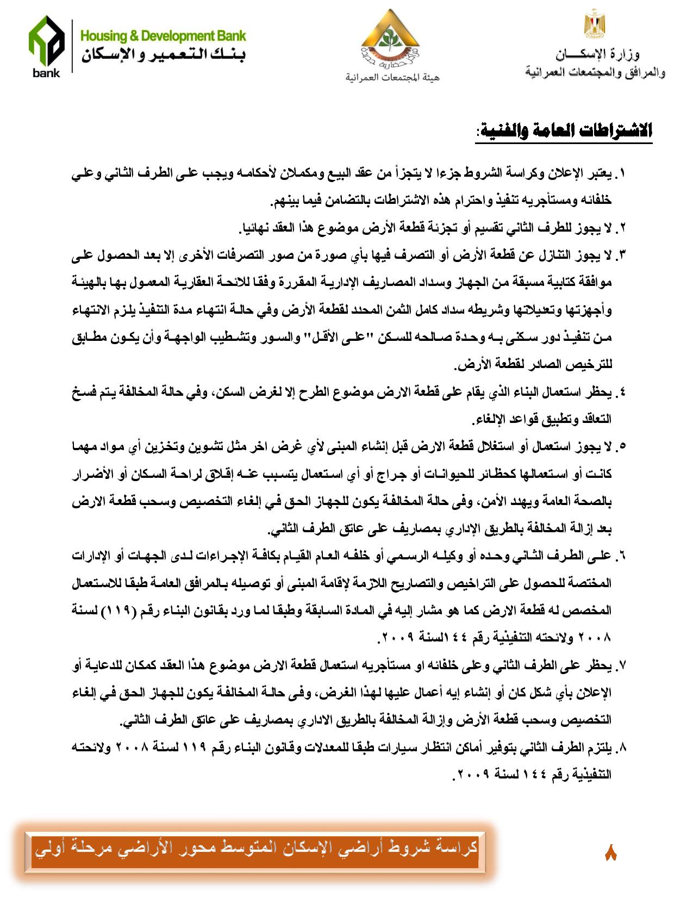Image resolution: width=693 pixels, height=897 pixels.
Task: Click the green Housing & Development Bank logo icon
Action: pyautogui.click(x=46, y=46)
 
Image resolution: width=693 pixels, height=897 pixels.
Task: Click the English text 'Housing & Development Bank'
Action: pyautogui.click(x=163, y=36)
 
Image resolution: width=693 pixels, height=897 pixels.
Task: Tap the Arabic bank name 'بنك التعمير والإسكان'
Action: pyautogui.click(x=163, y=55)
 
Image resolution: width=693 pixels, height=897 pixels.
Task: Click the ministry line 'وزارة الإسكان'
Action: pyautogui.click(x=597, y=54)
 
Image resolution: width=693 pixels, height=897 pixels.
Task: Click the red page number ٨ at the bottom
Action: pyautogui.click(x=610, y=852)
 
